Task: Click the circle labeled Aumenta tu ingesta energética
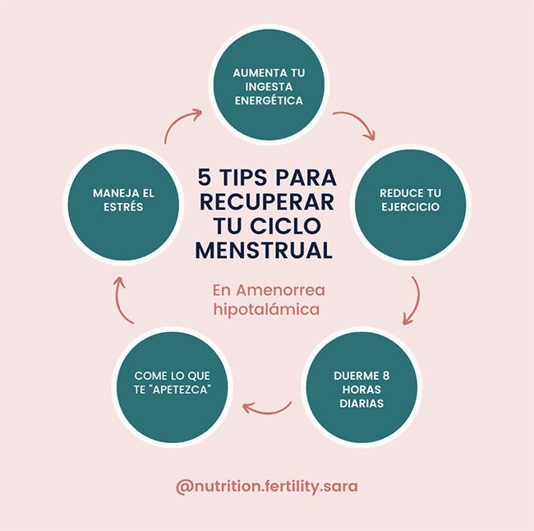coord(267,86)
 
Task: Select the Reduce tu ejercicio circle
coord(409,200)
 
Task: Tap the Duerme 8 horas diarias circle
coord(360,390)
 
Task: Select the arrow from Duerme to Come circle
coord(269,405)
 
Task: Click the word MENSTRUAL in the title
coord(267,249)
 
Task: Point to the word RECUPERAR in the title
coord(267,201)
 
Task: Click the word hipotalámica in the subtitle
coord(266,310)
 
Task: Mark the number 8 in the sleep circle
coord(385,376)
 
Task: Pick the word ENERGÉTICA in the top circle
coord(267,101)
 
